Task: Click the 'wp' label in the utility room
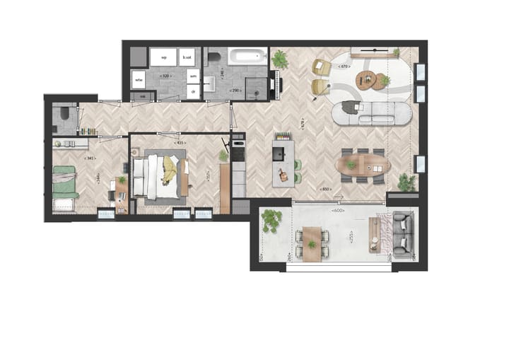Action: point(163,57)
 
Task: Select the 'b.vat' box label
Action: point(187,57)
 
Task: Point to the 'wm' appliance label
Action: point(192,74)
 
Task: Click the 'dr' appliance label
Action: point(192,91)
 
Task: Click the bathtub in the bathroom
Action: point(247,56)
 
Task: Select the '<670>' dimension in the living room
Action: point(344,66)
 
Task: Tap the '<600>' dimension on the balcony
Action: point(339,210)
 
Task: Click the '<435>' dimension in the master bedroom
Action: point(180,143)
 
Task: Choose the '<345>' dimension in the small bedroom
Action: point(90,158)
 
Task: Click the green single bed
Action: point(65,181)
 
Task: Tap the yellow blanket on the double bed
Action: point(170,170)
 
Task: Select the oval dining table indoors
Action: point(363,166)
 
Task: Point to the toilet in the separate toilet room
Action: point(64,113)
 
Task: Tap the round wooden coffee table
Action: point(368,78)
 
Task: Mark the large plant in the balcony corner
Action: point(271,221)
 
